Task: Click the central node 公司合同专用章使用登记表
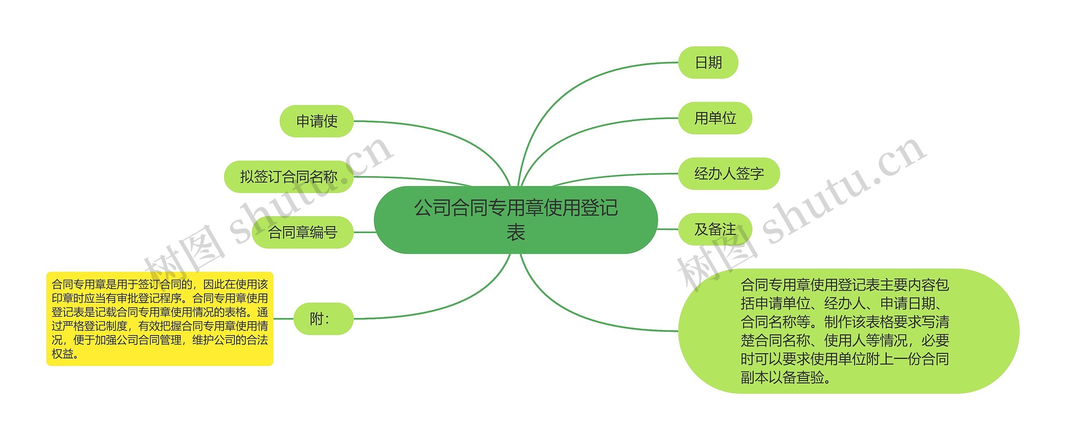[x=516, y=219]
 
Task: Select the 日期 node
[x=708, y=62]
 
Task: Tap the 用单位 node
[x=715, y=118]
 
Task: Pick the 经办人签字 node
[x=729, y=174]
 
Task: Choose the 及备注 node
[x=715, y=229]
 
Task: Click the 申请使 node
[x=316, y=121]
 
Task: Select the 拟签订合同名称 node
[x=289, y=176]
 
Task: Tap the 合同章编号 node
[x=303, y=232]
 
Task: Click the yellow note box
[x=159, y=319]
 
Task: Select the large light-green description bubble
[x=849, y=331]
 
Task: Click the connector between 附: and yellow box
[x=283, y=319]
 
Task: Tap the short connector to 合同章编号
[x=364, y=232]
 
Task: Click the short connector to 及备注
[x=668, y=229]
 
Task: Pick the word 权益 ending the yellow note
[x=62, y=354]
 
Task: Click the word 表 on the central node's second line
[x=516, y=232]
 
